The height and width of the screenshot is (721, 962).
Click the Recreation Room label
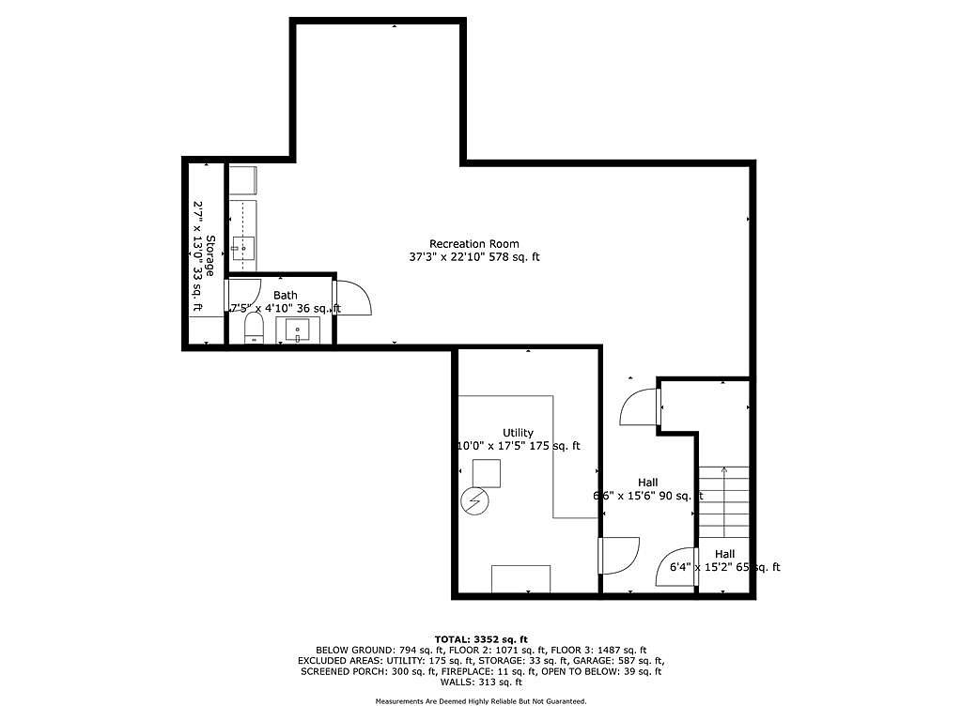(x=473, y=244)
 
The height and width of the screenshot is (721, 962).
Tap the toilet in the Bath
(x=254, y=329)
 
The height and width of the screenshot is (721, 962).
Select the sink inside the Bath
(x=298, y=330)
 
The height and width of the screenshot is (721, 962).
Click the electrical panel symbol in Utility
(x=474, y=501)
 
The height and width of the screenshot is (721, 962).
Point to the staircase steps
(x=724, y=502)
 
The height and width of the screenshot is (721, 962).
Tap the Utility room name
(x=518, y=433)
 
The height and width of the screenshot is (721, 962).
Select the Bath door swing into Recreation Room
(x=354, y=298)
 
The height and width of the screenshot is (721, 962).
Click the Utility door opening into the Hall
(x=620, y=556)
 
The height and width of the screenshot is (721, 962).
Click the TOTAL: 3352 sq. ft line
(x=481, y=639)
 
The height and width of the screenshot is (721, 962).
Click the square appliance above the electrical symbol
(x=487, y=473)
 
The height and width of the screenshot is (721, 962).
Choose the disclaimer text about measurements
(x=481, y=701)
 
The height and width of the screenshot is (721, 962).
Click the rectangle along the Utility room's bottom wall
(x=520, y=578)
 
